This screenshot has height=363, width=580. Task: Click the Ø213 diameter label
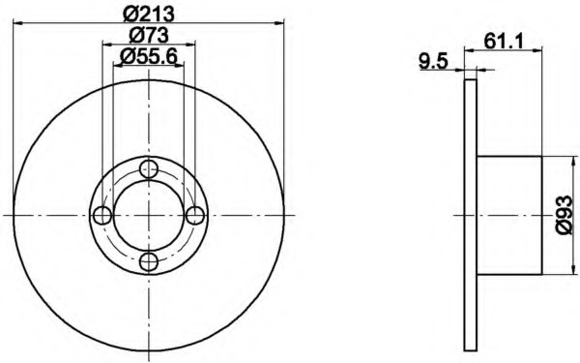(149, 15)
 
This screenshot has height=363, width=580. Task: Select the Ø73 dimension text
(149, 35)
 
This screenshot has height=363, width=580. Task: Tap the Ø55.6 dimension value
(149, 56)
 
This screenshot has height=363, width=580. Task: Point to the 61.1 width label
(504, 41)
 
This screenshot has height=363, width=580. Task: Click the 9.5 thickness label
(433, 61)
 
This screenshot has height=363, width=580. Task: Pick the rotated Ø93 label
(565, 215)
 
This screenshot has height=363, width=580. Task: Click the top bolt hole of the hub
(149, 169)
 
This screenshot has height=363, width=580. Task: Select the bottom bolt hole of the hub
(149, 261)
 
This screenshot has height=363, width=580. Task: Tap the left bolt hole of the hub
(102, 215)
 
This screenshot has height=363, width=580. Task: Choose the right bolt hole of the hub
(195, 215)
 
